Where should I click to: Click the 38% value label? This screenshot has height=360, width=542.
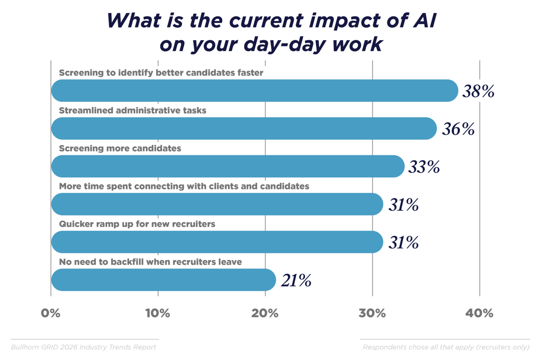pyautogui.click(x=478, y=91)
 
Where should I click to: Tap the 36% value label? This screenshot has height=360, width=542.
pyautogui.click(x=458, y=129)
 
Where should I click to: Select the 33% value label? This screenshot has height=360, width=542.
pyautogui.click(x=424, y=167)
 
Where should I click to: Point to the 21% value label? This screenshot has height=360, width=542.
pyautogui.click(x=296, y=281)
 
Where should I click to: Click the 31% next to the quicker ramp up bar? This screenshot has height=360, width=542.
pyautogui.click(x=403, y=243)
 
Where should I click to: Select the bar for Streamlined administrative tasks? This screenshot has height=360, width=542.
pyautogui.click(x=244, y=129)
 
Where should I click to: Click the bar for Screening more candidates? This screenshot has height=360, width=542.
pyautogui.click(x=228, y=166)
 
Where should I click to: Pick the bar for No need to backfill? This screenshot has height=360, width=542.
pyautogui.click(x=163, y=280)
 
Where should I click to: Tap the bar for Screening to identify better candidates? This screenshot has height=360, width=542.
pyautogui.click(x=254, y=91)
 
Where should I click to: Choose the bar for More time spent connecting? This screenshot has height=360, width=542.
pyautogui.click(x=217, y=204)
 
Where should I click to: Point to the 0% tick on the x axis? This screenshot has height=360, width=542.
pyautogui.click(x=50, y=313)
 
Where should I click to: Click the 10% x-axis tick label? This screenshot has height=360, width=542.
pyautogui.click(x=158, y=313)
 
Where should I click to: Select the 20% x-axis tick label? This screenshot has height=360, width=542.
pyautogui.click(x=265, y=313)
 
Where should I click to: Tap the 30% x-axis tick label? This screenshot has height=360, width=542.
pyautogui.click(x=372, y=313)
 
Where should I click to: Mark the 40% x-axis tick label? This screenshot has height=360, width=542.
pyautogui.click(x=479, y=313)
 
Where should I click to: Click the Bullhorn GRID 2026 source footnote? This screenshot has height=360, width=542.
pyautogui.click(x=84, y=347)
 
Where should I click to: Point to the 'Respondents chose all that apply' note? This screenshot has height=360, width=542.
pyautogui.click(x=446, y=347)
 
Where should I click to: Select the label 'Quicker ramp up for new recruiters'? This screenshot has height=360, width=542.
pyautogui.click(x=137, y=224)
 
